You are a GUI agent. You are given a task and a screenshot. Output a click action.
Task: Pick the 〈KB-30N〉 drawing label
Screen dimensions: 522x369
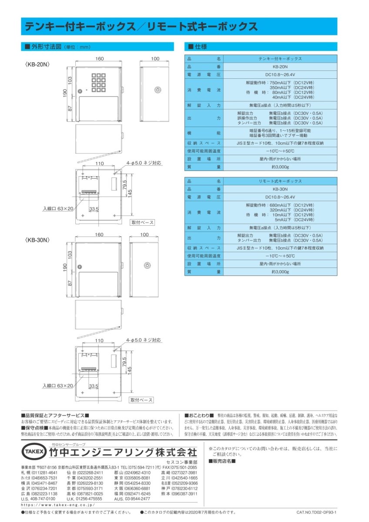point(39,240)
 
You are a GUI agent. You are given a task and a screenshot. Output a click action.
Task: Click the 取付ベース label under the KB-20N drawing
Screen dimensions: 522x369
point(142,222)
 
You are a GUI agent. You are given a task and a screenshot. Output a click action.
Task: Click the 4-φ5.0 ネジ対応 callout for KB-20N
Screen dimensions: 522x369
point(144,163)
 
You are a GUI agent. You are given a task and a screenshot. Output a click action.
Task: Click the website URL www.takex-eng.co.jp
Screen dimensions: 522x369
point(58,505)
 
